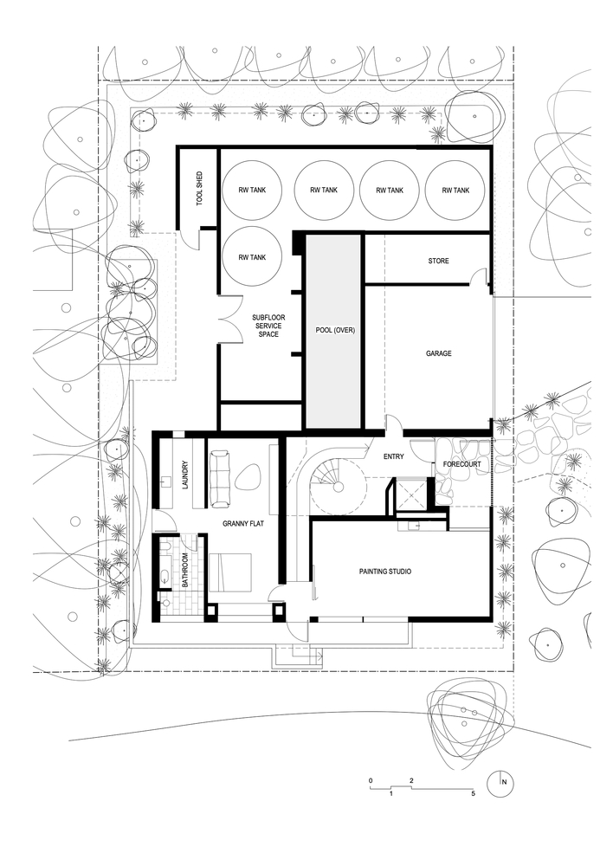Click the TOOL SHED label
(199, 189)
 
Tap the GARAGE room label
(438, 353)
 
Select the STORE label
(438, 261)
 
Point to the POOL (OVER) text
(335, 330)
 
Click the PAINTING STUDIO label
(385, 572)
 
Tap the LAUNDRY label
(185, 476)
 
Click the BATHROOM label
(185, 570)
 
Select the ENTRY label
(394, 456)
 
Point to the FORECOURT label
(461, 464)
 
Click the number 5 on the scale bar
(474, 793)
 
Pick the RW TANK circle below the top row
(252, 257)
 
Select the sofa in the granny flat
(220, 478)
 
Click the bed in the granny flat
(229, 572)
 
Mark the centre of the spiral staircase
(338, 487)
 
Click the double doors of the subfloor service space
(229, 320)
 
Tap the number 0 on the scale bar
(371, 780)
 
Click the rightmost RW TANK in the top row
(455, 190)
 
